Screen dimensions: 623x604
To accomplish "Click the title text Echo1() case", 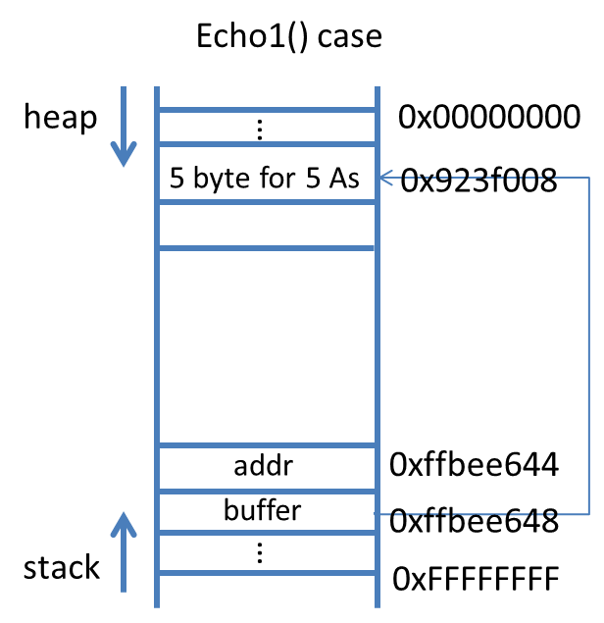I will [289, 38].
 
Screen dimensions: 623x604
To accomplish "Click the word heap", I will [61, 118].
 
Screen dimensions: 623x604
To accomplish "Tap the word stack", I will [61, 567].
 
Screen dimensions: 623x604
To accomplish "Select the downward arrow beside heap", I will [122, 128].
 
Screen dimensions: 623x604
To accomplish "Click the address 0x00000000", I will [489, 118].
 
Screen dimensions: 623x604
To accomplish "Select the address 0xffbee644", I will [475, 464].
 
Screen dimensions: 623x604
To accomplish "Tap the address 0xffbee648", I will [475, 521].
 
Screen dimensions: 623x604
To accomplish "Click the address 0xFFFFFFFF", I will [476, 579].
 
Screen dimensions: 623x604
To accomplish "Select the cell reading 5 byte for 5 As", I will [265, 180].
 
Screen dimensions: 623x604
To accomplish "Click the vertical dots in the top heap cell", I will [260, 129].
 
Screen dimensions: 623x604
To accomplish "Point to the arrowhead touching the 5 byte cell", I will [385, 178].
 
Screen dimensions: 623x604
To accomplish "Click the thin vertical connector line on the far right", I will [588, 343].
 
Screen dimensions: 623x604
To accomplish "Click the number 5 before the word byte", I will [176, 180].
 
